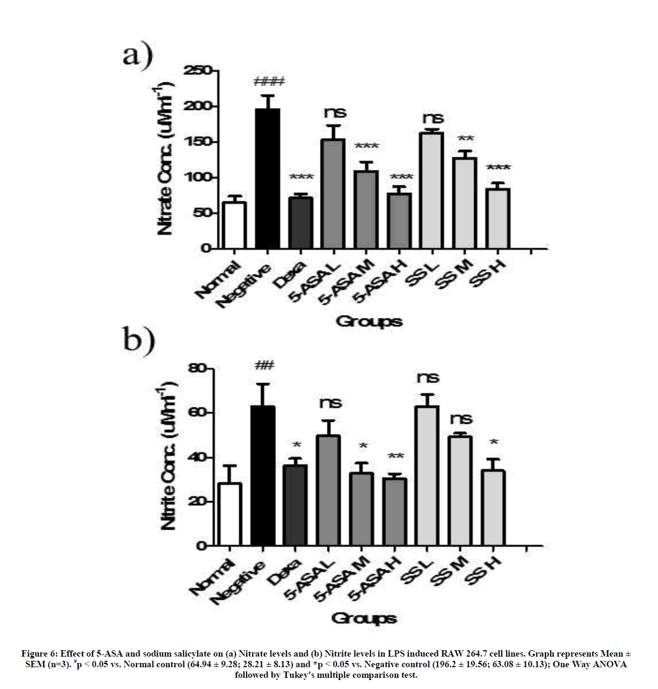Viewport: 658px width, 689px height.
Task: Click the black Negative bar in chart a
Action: click(x=268, y=178)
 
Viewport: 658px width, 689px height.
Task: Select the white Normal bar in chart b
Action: click(x=230, y=514)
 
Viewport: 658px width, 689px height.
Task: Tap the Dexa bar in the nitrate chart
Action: click(x=301, y=223)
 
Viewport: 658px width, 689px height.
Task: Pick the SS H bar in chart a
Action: click(x=498, y=219)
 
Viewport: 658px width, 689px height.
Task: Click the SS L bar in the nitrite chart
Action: click(x=427, y=475)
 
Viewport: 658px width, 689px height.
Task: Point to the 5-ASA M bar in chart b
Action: click(x=361, y=509)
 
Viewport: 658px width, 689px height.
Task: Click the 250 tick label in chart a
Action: click(x=198, y=71)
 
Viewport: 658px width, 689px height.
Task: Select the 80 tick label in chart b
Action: click(x=197, y=368)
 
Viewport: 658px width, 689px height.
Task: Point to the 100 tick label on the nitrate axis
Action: click(x=198, y=177)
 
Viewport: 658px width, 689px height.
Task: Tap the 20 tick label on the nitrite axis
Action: click(x=197, y=501)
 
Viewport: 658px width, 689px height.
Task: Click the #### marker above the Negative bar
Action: click(x=269, y=82)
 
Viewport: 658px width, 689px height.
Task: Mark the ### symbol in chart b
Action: click(x=264, y=365)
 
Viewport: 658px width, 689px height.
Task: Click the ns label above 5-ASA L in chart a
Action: click(x=335, y=113)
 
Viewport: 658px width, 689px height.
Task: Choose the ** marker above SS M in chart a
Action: click(x=466, y=139)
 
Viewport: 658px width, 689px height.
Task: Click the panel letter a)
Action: click(x=138, y=56)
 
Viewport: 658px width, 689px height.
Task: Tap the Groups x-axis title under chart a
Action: click(x=369, y=321)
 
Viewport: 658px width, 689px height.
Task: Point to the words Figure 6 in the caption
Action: click(x=39, y=653)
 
